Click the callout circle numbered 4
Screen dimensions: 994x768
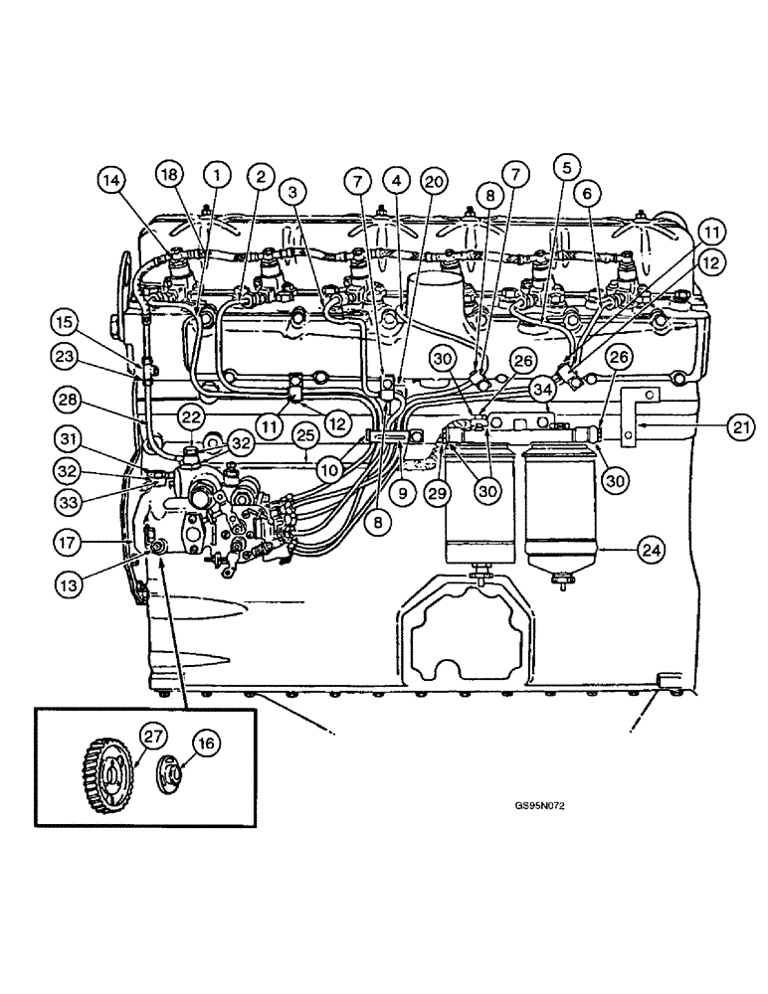(x=396, y=181)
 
